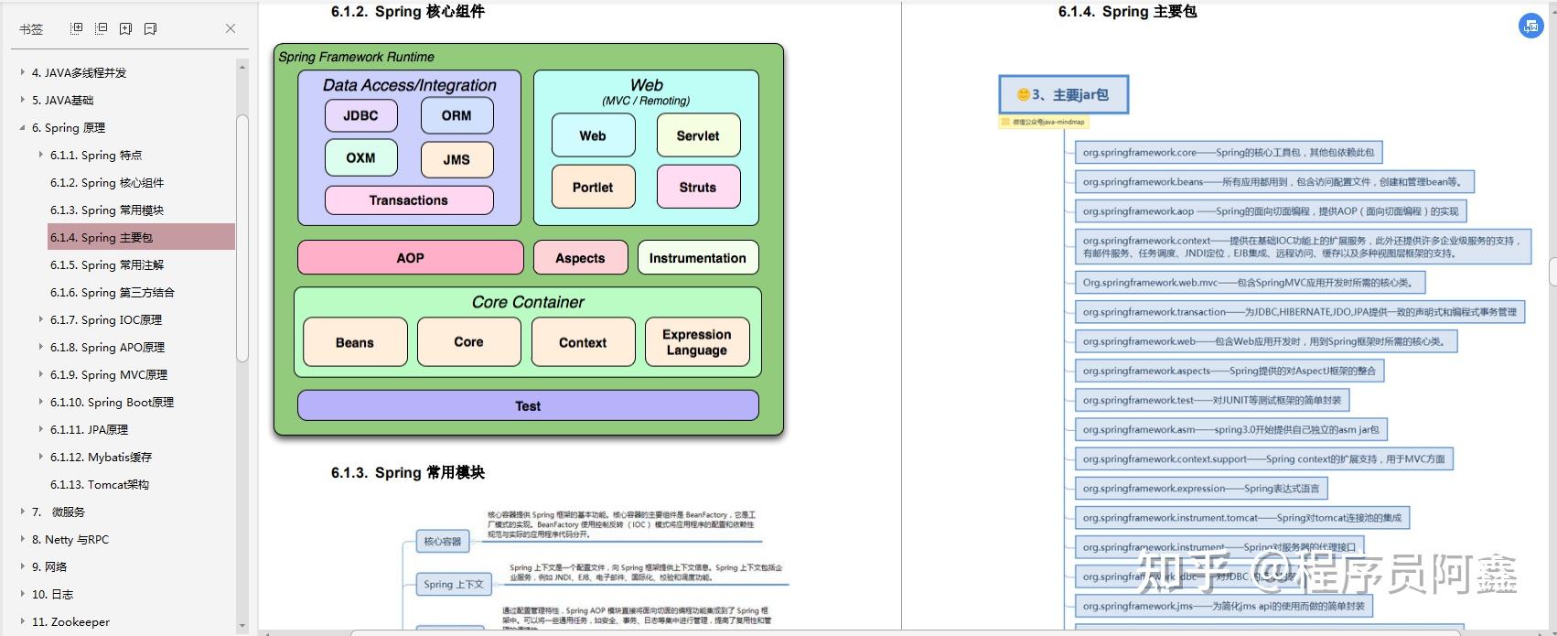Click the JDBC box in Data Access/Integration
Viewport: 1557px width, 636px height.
pos(361,116)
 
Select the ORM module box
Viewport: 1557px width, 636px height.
pos(456,116)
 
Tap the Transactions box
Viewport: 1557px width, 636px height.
pos(409,200)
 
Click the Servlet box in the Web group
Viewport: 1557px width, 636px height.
pos(698,135)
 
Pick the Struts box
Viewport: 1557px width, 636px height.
pos(698,187)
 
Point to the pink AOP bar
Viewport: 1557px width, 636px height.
pos(410,258)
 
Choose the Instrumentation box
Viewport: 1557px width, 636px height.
pos(697,258)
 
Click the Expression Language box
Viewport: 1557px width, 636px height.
pos(697,342)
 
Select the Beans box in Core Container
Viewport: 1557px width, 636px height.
pos(355,342)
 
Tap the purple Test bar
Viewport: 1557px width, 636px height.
pos(528,406)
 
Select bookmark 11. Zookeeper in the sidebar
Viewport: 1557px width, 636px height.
pos(70,622)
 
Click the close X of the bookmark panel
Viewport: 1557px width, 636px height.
pos(231,28)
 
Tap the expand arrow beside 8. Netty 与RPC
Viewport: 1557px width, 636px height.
pos(23,540)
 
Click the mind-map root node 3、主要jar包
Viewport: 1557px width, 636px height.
pos(1063,95)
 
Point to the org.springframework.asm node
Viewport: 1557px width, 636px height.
pos(1230,429)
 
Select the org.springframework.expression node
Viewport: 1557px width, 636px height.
pos(1200,489)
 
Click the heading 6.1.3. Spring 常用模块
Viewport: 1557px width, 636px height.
pos(408,473)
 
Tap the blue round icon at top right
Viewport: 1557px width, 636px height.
pos(1530,27)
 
